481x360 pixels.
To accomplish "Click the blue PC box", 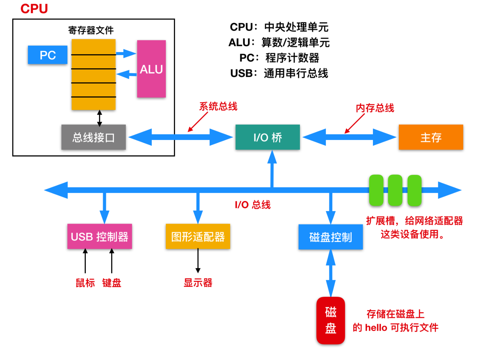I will pyautogui.click(x=48, y=55).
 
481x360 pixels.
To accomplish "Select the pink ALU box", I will pyautogui.click(x=151, y=69).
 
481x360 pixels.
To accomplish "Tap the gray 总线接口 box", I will pyautogui.click(x=93, y=137).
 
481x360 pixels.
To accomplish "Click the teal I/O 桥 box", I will pyautogui.click(x=268, y=137).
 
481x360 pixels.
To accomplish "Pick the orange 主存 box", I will pyautogui.click(x=431, y=137).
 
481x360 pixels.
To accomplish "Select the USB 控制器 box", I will pyautogui.click(x=100, y=237).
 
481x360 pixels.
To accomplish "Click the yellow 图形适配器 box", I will pyautogui.click(x=198, y=237).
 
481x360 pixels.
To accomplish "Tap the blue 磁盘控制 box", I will pyautogui.click(x=330, y=237).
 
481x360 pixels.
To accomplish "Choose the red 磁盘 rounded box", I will pyautogui.click(x=330, y=320).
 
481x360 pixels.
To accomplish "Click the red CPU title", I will pyautogui.click(x=34, y=9).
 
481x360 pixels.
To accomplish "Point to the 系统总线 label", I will pyautogui.click(x=218, y=106).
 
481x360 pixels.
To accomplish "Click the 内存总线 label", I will pyautogui.click(x=375, y=108).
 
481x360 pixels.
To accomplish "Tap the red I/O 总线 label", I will pyautogui.click(x=253, y=205).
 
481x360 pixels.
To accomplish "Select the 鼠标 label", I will pyautogui.click(x=85, y=283).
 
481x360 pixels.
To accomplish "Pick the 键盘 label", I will pyautogui.click(x=112, y=283).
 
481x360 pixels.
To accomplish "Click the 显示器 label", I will pyautogui.click(x=198, y=283).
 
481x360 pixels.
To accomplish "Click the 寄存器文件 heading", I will pyautogui.click(x=91, y=30).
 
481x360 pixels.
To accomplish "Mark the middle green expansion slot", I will pyautogui.click(x=395, y=190).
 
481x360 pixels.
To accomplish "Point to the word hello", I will pyautogui.click(x=376, y=327).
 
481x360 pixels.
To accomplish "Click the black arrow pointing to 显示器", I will pyautogui.click(x=198, y=261).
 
